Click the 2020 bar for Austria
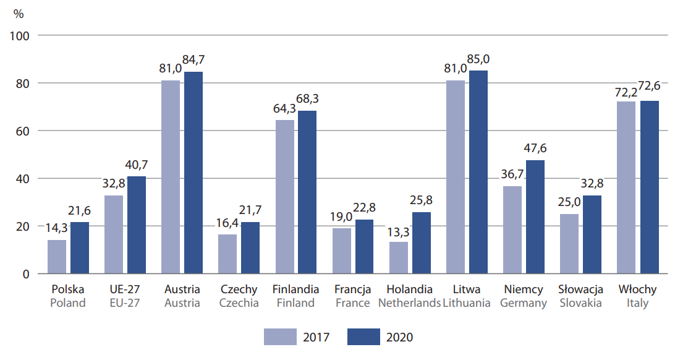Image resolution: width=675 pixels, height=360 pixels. pos(193,173)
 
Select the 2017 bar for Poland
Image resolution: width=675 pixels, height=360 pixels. pos(57,257)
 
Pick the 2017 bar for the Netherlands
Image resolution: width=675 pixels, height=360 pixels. pos(399,258)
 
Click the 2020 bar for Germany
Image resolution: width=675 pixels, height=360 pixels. pos(535,216)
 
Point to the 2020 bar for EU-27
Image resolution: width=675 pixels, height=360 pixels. pos(137,225)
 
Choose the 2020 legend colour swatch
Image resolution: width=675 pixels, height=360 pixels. pos(363,336)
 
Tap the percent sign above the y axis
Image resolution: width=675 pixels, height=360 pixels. pos(19,14)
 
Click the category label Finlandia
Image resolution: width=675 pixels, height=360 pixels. pos(295,289)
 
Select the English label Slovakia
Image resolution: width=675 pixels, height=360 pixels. pos(580,303)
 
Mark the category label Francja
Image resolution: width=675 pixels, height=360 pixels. pos(352,289)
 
